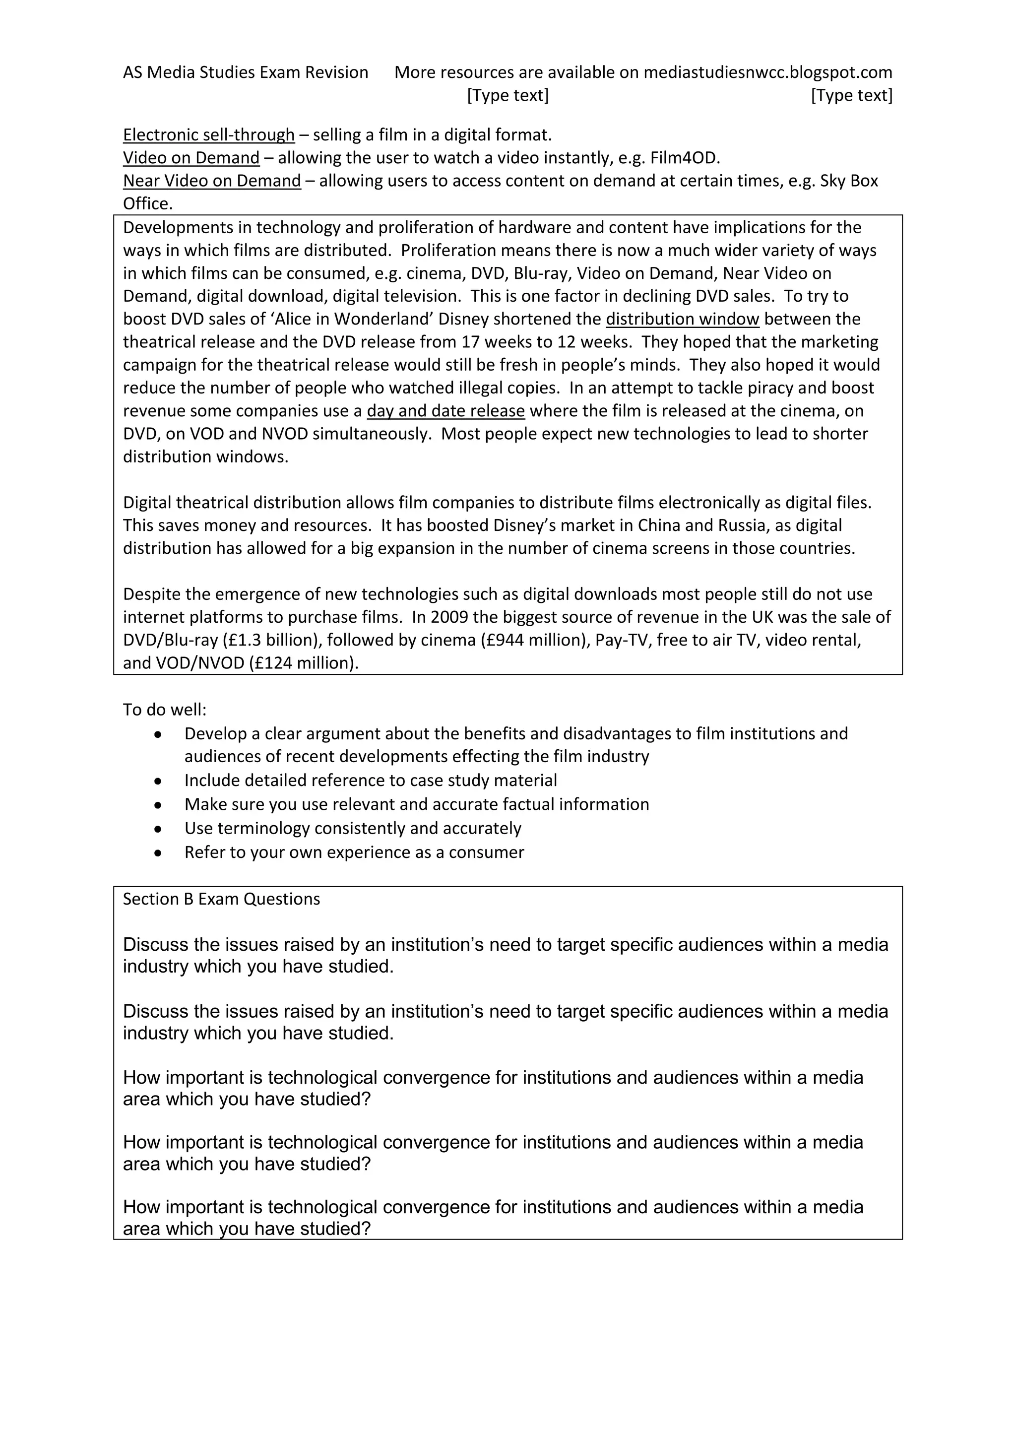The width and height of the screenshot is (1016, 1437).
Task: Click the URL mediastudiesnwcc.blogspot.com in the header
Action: (x=767, y=72)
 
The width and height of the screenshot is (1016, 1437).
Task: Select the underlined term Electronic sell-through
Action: (x=208, y=134)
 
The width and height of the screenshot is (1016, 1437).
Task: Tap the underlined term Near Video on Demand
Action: (x=211, y=181)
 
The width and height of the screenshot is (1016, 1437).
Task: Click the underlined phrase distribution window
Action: (x=682, y=319)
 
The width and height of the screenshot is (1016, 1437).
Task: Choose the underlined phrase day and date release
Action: (x=445, y=411)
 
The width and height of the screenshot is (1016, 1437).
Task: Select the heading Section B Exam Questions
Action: (x=221, y=900)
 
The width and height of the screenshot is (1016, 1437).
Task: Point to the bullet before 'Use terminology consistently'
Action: (x=158, y=829)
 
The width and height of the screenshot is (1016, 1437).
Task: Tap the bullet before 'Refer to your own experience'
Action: (x=158, y=853)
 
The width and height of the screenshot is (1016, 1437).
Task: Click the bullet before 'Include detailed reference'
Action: (x=158, y=781)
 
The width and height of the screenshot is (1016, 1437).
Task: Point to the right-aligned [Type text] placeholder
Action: (x=851, y=96)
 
